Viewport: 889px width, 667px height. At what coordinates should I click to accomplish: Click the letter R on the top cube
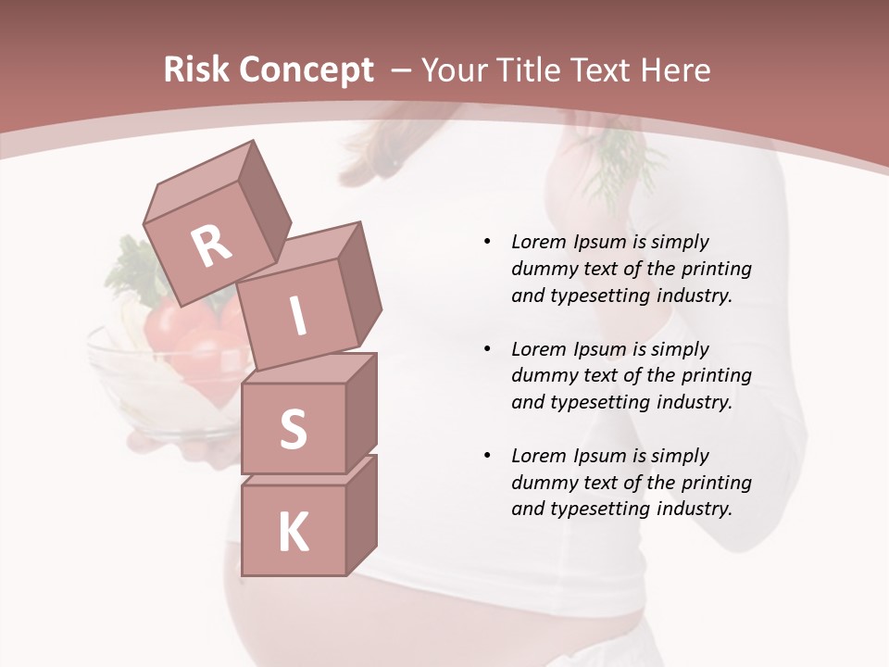click(x=212, y=246)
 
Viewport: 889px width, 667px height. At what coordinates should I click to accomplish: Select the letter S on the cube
click(x=293, y=429)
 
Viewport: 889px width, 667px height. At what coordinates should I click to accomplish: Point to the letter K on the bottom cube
click(x=294, y=533)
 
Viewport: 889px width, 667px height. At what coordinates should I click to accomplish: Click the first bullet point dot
click(x=487, y=242)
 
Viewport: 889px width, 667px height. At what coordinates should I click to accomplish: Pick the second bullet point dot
click(x=487, y=349)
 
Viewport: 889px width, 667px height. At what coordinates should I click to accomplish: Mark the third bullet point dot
click(x=487, y=456)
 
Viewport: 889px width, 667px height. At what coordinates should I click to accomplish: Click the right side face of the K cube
click(x=361, y=514)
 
